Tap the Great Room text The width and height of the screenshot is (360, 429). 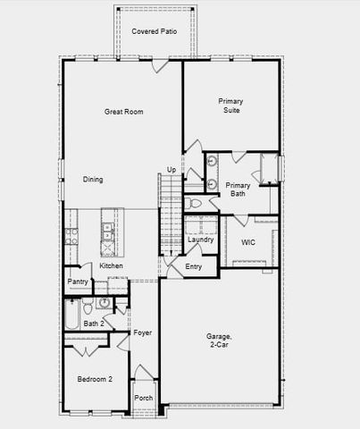(x=124, y=112)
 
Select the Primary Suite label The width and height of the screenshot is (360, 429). (x=230, y=106)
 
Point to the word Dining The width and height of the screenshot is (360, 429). (x=93, y=180)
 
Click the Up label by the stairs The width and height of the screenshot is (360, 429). (x=172, y=170)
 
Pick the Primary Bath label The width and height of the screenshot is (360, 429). (x=238, y=189)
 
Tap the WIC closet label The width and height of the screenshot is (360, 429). (x=249, y=240)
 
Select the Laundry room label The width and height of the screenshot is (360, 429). (x=200, y=240)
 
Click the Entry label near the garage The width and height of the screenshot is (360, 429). (x=194, y=266)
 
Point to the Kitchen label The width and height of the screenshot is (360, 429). (x=111, y=265)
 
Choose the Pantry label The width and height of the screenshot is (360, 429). (x=77, y=282)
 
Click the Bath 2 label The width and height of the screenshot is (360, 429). (x=93, y=324)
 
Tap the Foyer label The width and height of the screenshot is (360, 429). (x=143, y=332)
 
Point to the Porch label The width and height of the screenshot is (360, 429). (x=143, y=398)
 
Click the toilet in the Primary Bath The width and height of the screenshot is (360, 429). (x=196, y=204)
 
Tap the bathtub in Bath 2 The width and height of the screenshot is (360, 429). (x=71, y=317)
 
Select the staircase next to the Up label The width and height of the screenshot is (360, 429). (x=170, y=214)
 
